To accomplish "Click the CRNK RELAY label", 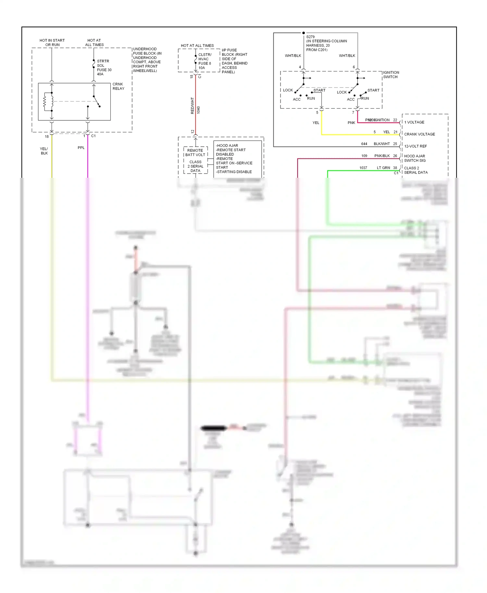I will click(x=118, y=86).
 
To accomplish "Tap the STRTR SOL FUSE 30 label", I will click(x=104, y=67).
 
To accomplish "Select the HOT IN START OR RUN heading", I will click(x=52, y=42).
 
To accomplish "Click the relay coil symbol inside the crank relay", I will click(x=48, y=102).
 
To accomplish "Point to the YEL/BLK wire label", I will click(x=44, y=151).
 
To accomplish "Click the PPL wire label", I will click(x=81, y=148).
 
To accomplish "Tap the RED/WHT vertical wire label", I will click(x=192, y=106).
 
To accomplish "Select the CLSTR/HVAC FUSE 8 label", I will click(x=205, y=61).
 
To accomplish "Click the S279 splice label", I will click(x=310, y=37).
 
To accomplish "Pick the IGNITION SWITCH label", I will click(x=391, y=75).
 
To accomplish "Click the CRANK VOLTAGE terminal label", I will click(x=419, y=134).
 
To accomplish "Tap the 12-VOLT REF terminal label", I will click(x=416, y=146).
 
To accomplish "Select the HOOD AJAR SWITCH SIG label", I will click(x=415, y=158).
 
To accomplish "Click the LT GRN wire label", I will click(x=383, y=168).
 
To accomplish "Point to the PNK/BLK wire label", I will click(x=382, y=156).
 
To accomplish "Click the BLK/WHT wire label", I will click(x=381, y=144).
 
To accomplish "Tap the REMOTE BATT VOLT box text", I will click(x=195, y=152).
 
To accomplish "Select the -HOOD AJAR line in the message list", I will click(x=227, y=146).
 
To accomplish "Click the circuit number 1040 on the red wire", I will click(x=198, y=110).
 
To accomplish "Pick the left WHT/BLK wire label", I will click(x=293, y=56).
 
